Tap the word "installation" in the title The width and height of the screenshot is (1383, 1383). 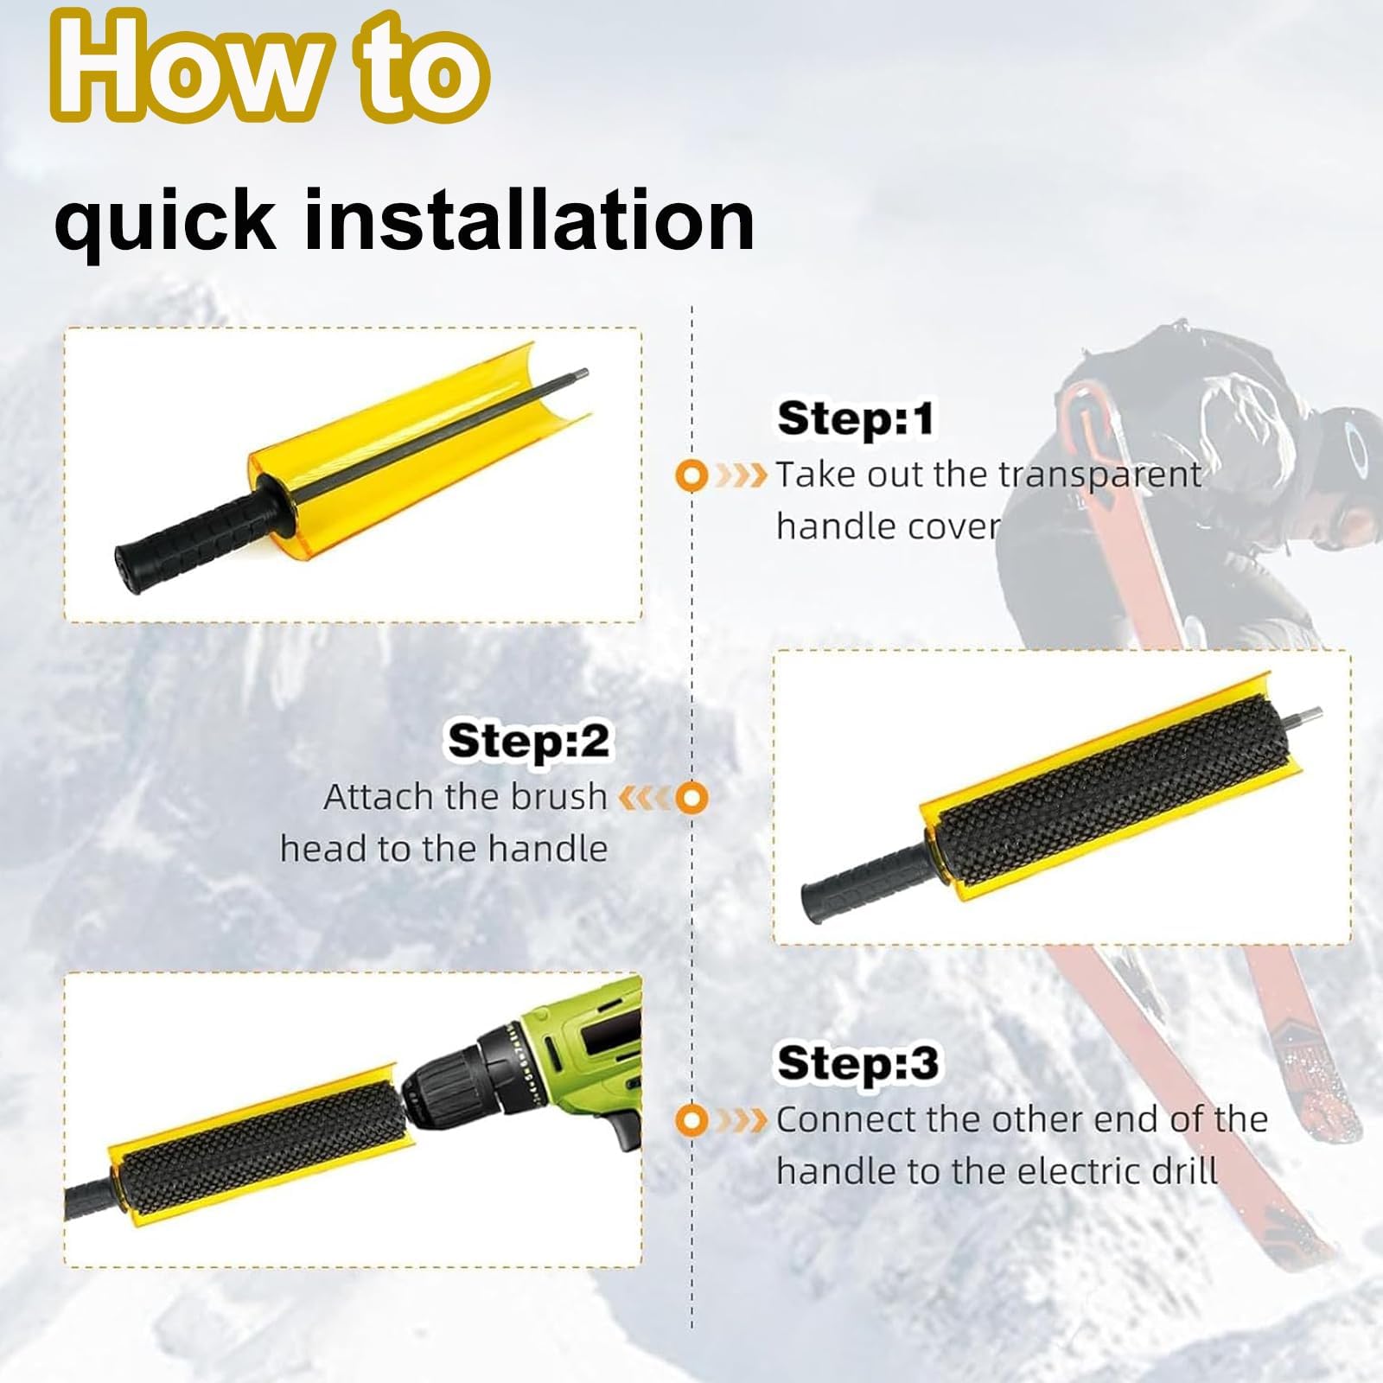[530, 220]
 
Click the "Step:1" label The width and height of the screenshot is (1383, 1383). [856, 418]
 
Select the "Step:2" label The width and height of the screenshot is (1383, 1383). [528, 742]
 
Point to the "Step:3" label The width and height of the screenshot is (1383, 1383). [857, 1062]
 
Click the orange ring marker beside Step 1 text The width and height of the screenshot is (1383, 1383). [691, 475]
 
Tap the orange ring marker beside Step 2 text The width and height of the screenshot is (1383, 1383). [691, 798]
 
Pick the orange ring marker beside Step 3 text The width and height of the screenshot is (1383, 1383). [691, 1119]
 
